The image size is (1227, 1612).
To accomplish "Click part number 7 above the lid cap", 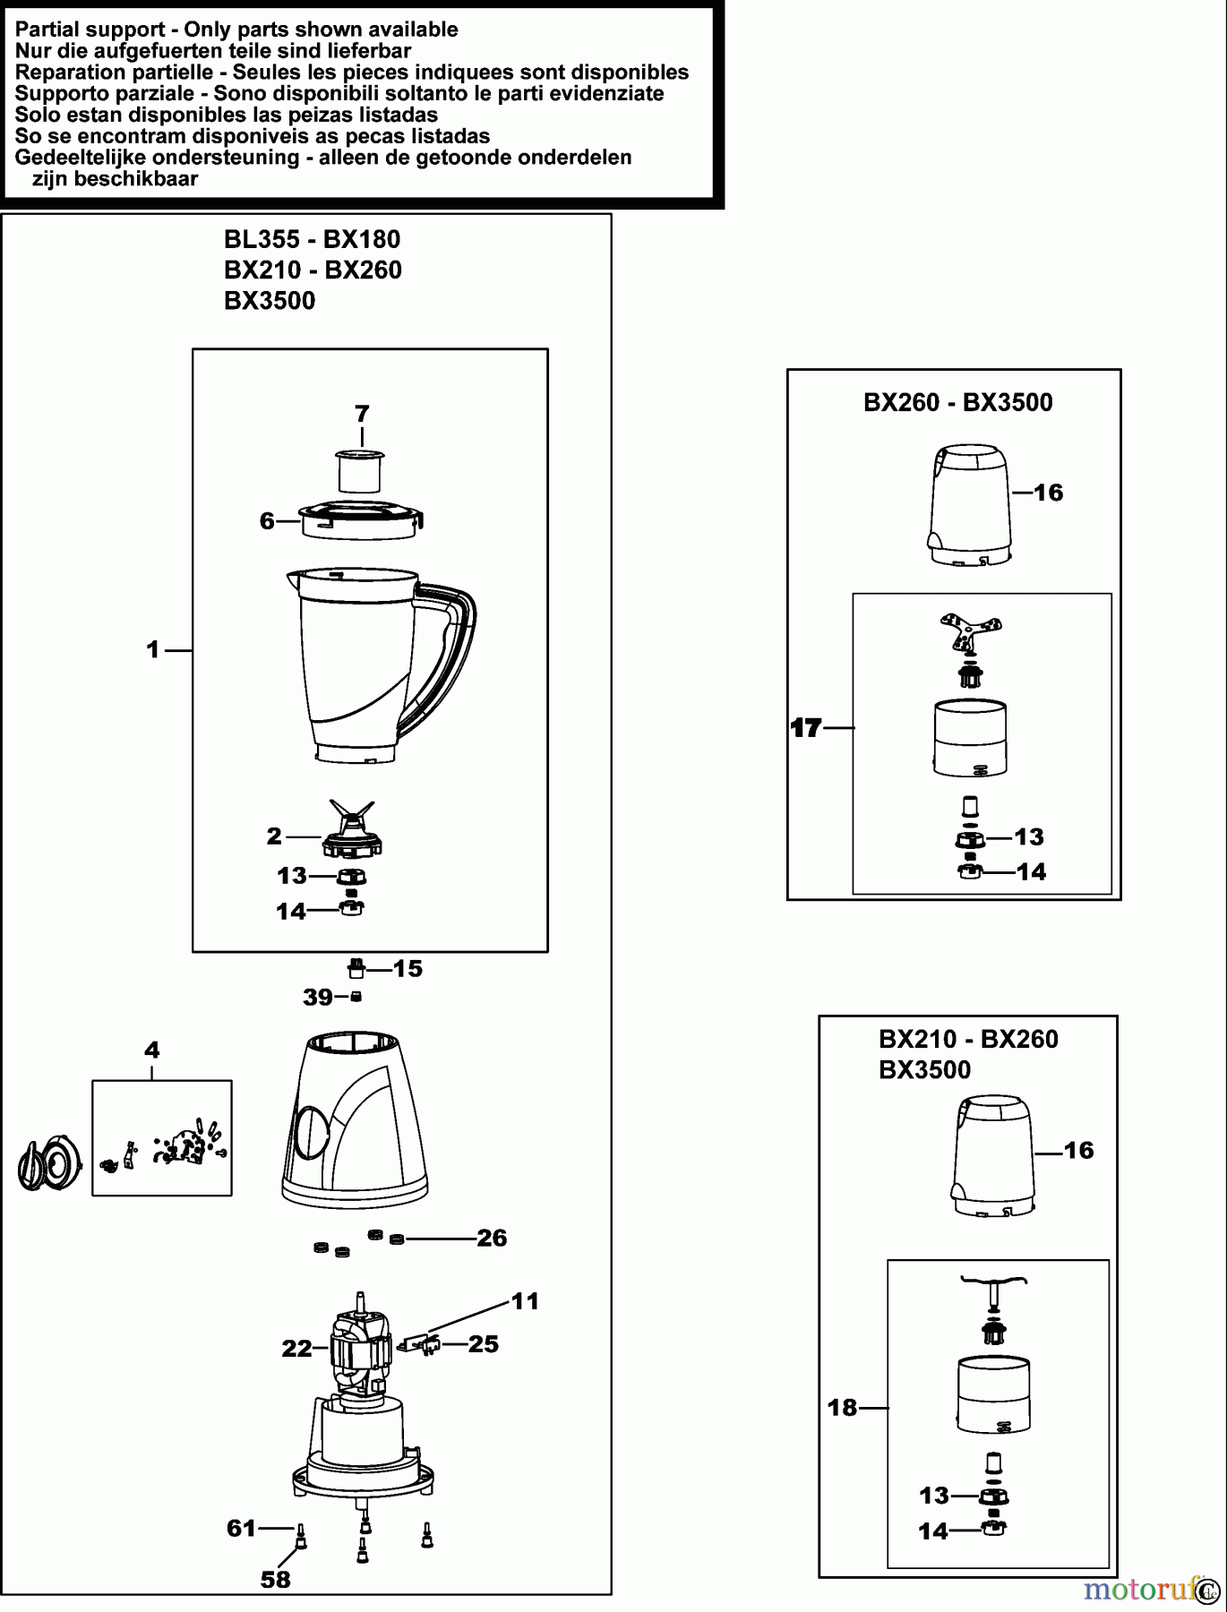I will [x=362, y=414].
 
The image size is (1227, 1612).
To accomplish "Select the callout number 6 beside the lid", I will [x=267, y=520].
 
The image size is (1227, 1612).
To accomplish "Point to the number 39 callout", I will [x=317, y=997].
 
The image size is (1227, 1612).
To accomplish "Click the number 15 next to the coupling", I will [x=408, y=968].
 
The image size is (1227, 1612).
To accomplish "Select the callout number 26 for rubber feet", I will [x=492, y=1238].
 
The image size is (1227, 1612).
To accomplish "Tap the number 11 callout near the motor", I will [x=525, y=1300].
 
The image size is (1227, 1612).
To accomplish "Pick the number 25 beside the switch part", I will [x=484, y=1343].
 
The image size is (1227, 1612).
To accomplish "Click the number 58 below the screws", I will [x=276, y=1579].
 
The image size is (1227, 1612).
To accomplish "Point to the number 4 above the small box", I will [x=151, y=1049].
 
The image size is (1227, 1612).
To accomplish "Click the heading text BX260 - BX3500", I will [x=957, y=402].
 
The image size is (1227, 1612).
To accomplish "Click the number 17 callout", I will [x=806, y=728].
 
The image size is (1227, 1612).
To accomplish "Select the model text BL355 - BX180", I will [x=312, y=239].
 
